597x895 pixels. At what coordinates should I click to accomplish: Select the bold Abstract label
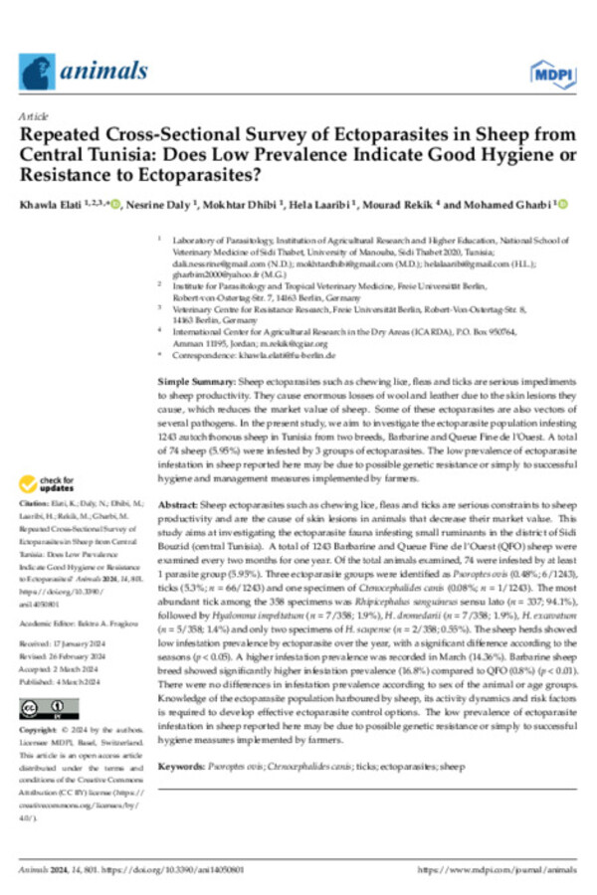click(179, 505)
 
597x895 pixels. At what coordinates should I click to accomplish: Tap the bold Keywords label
click(184, 741)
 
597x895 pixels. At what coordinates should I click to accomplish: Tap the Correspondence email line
click(253, 355)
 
